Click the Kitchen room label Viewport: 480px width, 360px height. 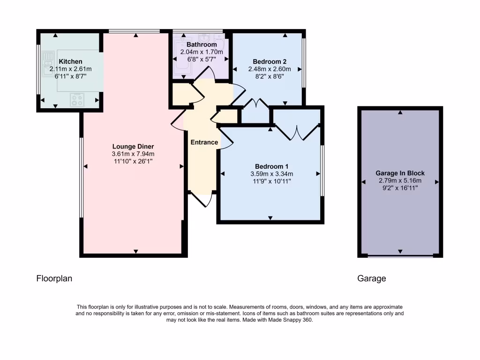(x=70, y=61)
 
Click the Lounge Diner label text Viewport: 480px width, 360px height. (x=133, y=146)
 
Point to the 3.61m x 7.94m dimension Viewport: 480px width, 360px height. (x=133, y=154)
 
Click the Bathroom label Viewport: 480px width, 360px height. (x=202, y=45)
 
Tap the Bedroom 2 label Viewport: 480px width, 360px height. (x=270, y=61)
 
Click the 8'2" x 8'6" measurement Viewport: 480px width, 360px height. (x=270, y=76)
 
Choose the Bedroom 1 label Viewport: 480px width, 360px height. (x=271, y=166)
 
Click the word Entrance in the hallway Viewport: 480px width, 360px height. (x=204, y=142)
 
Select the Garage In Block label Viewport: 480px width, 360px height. (x=400, y=173)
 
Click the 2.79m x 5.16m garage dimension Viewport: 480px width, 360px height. (x=400, y=180)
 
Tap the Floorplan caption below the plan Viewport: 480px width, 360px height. (x=54, y=278)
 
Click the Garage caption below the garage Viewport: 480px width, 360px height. (x=372, y=278)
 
